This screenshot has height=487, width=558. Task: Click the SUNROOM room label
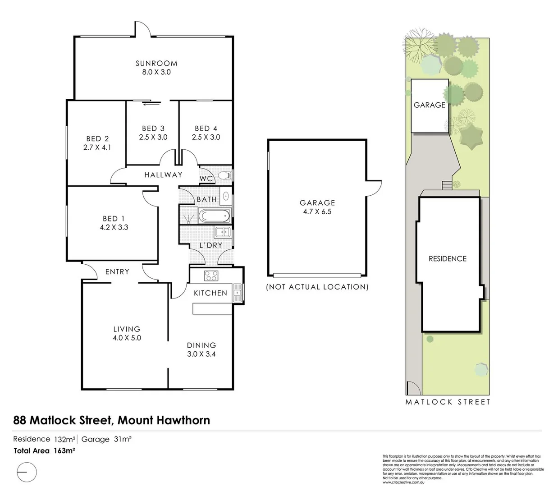point(156,64)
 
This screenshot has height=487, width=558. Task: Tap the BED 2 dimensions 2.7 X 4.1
point(97,147)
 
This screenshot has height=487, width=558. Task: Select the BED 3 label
point(153,129)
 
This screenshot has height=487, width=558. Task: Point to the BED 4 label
point(206,129)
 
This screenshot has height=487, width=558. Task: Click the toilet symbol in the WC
point(225,176)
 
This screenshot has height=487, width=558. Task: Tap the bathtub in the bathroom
point(215,216)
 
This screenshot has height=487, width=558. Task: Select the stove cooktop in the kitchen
point(211,275)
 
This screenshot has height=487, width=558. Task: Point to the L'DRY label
point(211,245)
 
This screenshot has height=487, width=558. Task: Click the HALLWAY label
point(163,175)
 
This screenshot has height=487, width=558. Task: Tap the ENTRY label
point(117,272)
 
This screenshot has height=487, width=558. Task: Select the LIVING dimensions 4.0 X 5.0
point(127,338)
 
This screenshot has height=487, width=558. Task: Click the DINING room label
point(201,345)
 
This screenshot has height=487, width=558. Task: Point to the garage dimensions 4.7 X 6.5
point(317,211)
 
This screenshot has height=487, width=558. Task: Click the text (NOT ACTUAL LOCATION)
point(317,287)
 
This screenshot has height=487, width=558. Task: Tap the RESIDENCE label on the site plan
point(447,259)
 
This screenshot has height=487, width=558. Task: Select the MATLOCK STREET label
point(448,402)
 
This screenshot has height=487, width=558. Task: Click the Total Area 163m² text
point(44,450)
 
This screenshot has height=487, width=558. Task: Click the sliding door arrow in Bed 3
point(152,104)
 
